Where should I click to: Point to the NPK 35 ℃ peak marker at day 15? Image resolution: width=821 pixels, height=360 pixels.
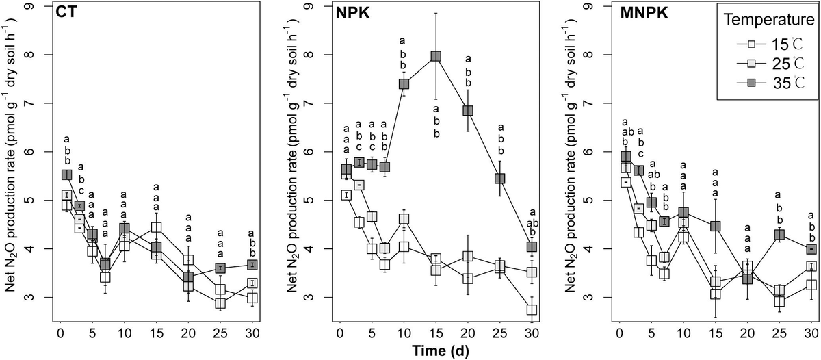pos(435,56)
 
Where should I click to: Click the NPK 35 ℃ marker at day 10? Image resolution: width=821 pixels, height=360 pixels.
pos(404,83)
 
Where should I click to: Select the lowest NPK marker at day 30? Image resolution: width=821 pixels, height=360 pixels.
pos(532,309)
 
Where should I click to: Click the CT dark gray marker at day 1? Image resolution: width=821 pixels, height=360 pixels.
pos(66,175)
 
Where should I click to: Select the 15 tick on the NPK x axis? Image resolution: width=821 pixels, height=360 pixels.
pos(435,331)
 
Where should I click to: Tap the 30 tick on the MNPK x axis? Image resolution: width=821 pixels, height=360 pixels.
pos(811,331)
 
